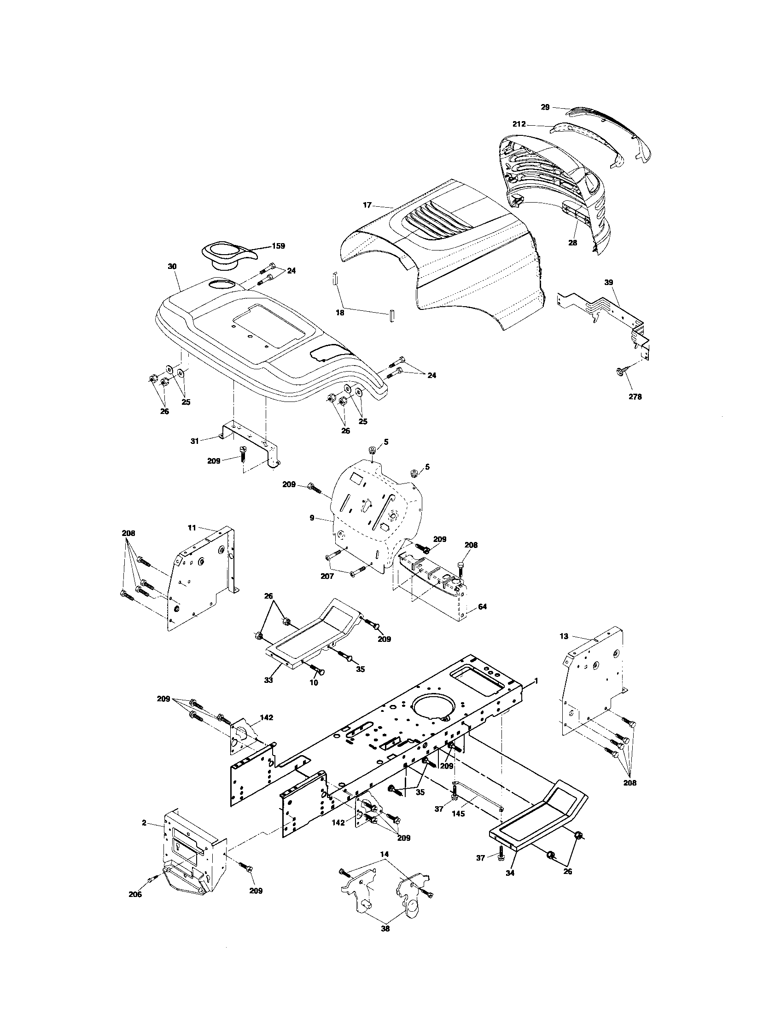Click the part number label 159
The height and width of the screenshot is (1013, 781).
(278, 246)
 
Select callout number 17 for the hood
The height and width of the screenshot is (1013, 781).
(367, 204)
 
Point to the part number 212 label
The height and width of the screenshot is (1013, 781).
(519, 124)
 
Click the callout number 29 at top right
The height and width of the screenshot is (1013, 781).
(545, 107)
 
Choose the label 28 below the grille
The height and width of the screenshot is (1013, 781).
(573, 243)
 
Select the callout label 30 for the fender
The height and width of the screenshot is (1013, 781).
(172, 267)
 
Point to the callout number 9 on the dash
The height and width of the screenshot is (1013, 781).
(312, 517)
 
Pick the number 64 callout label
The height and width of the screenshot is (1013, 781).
(482, 606)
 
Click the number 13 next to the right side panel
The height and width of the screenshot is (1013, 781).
(564, 636)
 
